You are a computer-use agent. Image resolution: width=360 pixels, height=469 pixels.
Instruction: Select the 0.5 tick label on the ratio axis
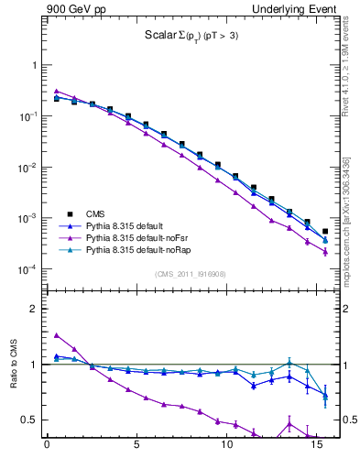pyautogui.click(x=29, y=420)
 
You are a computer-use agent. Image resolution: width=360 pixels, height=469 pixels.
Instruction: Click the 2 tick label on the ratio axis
pyautogui.click(x=34, y=309)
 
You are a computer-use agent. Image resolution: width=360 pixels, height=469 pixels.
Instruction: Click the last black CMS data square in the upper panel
pyautogui.click(x=325, y=232)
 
